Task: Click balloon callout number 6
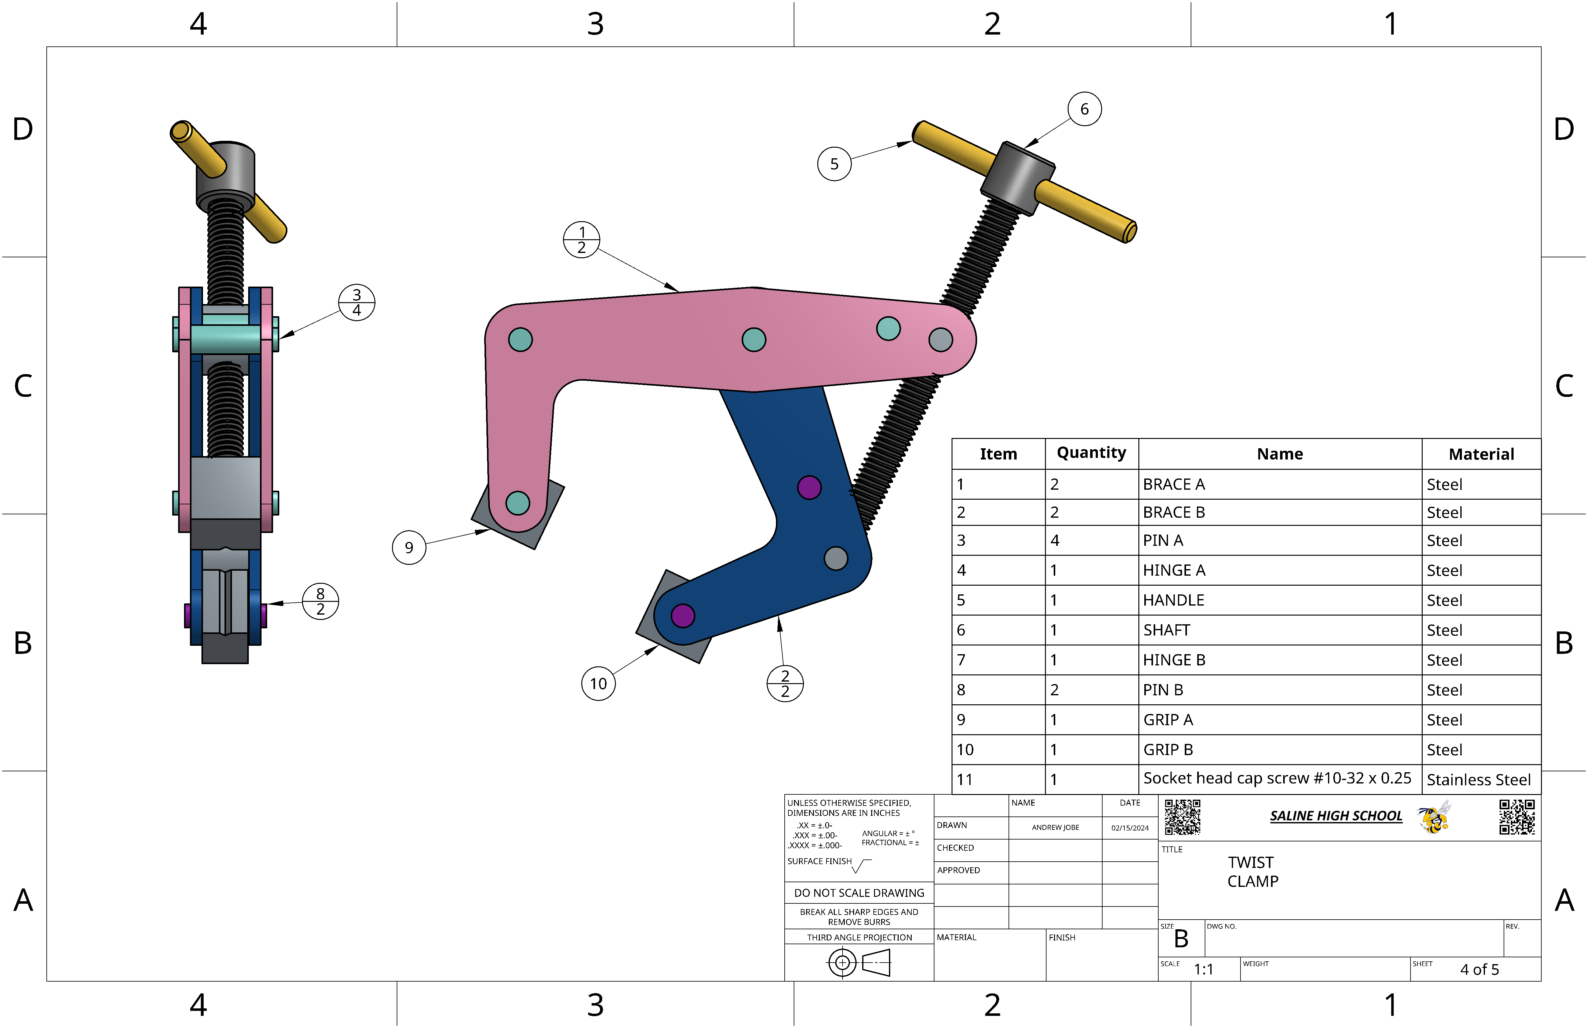coord(1084,109)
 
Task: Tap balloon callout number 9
coord(409,547)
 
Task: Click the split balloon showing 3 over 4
coord(357,302)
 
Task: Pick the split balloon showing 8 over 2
coord(320,602)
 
